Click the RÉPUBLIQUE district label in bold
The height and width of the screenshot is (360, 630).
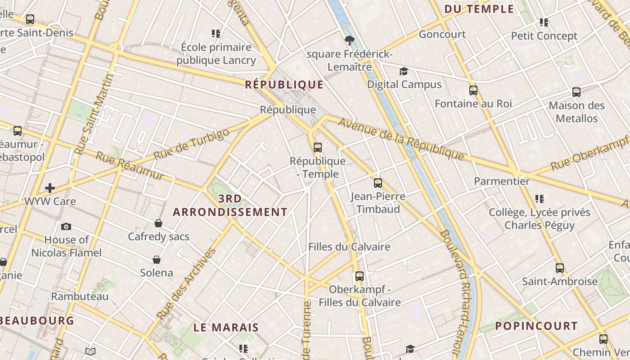[284, 85]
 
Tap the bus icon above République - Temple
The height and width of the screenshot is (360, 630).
[318, 147]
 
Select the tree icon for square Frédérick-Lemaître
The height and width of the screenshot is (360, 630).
[349, 41]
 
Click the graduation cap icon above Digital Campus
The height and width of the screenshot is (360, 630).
[404, 72]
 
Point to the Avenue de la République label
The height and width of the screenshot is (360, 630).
[401, 139]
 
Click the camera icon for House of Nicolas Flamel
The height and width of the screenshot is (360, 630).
[66, 226]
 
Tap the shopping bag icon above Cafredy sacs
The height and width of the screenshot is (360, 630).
[158, 223]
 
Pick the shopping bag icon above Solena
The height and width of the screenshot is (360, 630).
[157, 260]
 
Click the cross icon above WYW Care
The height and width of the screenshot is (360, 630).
[50, 188]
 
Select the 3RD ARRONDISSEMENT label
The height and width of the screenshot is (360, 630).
[230, 205]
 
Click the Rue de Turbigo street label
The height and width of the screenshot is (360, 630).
[191, 144]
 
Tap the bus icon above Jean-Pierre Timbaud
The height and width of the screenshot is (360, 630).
[378, 183]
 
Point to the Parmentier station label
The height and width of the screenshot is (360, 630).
[502, 181]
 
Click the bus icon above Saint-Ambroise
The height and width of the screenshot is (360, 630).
[559, 268]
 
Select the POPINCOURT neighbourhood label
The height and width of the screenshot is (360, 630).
[536, 326]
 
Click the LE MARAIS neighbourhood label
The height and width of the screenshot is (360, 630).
[226, 328]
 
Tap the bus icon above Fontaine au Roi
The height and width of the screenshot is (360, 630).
[473, 90]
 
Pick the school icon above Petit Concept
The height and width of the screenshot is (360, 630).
[544, 22]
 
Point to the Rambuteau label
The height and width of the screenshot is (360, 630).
[80, 297]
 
